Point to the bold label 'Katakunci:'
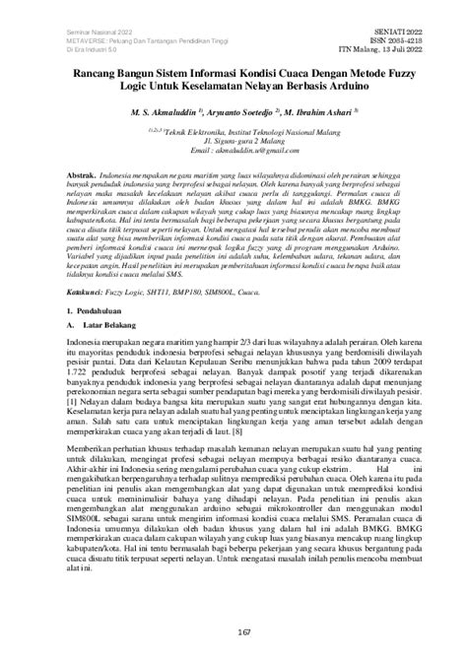[x=98, y=319]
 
